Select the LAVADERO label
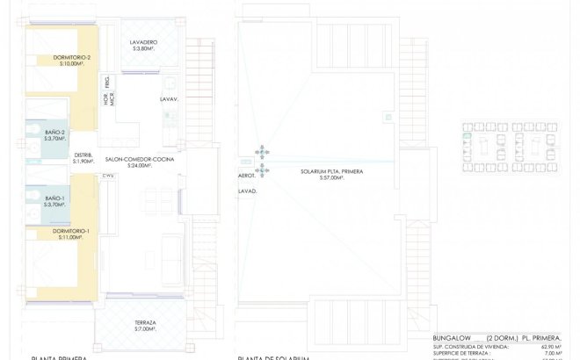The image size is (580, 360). coord(143,42)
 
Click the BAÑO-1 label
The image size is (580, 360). coord(55,198)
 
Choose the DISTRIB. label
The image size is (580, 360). coord(83,155)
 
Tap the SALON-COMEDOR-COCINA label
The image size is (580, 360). coord(141,159)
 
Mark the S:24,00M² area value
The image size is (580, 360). coord(140,165)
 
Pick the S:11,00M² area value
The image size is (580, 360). coord(70,237)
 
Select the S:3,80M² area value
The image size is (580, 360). coord(143,48)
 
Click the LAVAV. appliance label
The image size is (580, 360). coord(169,99)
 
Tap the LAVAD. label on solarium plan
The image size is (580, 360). coord(247,190)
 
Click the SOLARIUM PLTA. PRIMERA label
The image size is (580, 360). coord(331,171)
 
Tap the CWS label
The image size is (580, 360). coord(107,176)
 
